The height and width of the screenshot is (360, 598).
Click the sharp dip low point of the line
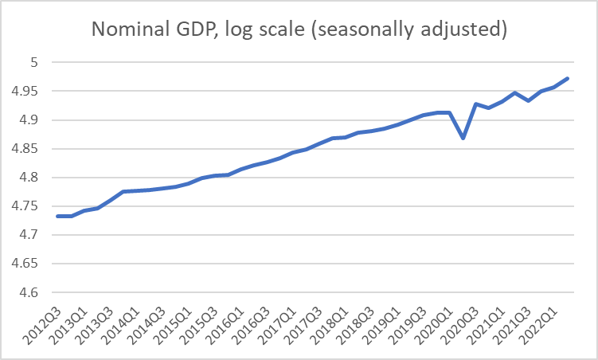coord(463,138)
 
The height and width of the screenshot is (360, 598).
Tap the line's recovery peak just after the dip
coord(475,104)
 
